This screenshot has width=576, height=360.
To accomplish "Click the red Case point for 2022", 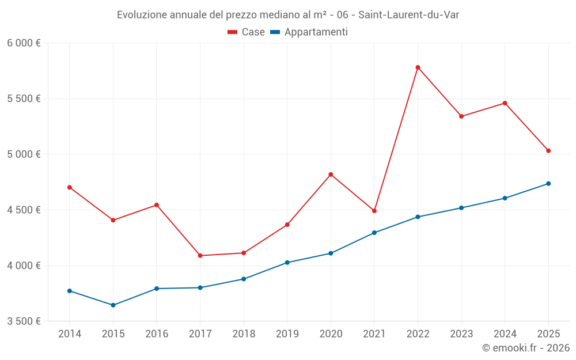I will pyautogui.click(x=418, y=67).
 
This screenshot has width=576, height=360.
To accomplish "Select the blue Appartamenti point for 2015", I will pyautogui.click(x=113, y=305).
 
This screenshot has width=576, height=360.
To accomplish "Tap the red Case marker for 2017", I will pyautogui.click(x=200, y=256).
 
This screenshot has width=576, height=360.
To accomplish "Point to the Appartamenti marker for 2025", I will pyautogui.click(x=548, y=184).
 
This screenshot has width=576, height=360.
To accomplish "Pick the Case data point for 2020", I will pyautogui.click(x=331, y=175).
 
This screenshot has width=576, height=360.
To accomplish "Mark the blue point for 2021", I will pyautogui.click(x=374, y=233).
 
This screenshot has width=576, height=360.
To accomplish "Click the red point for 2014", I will pyautogui.click(x=70, y=187).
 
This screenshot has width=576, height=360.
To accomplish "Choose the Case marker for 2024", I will pyautogui.click(x=505, y=103).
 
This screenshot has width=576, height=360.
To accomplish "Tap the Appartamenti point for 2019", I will pyautogui.click(x=287, y=263).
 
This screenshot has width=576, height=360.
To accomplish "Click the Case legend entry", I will pyautogui.click(x=247, y=32).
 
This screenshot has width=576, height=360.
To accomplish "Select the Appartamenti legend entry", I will pyautogui.click(x=309, y=32).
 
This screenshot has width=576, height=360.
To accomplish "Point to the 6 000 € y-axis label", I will pyautogui.click(x=24, y=43).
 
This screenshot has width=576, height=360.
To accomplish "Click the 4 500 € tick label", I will pyautogui.click(x=24, y=210).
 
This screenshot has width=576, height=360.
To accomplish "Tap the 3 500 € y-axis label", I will pyautogui.click(x=24, y=321).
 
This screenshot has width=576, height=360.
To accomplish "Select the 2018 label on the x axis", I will pyautogui.click(x=244, y=334).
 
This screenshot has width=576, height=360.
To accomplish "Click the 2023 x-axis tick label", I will pyautogui.click(x=461, y=334).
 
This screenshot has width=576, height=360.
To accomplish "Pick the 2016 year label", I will pyautogui.click(x=157, y=334).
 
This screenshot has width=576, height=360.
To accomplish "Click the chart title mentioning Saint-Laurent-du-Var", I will pyautogui.click(x=288, y=15).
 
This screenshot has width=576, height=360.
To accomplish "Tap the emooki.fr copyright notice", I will pyautogui.click(x=526, y=348).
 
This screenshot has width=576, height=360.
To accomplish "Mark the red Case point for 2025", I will pyautogui.click(x=548, y=151).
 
